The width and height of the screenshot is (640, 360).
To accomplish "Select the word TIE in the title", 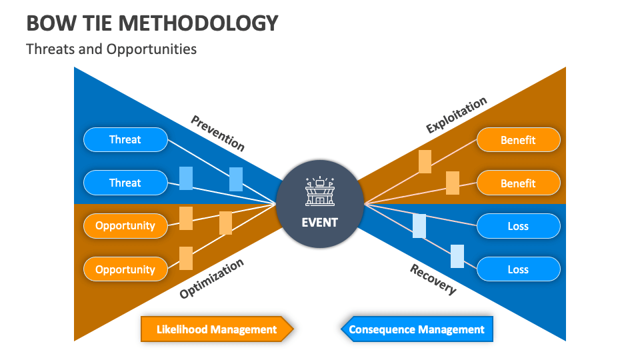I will (101, 23).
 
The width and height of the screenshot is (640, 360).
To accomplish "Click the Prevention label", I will (217, 133).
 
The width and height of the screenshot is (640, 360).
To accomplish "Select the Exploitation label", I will (457, 115).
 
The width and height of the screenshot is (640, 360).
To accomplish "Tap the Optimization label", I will (211, 279).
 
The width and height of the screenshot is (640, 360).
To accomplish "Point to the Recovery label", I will (433, 279).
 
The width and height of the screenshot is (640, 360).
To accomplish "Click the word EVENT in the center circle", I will (320, 223).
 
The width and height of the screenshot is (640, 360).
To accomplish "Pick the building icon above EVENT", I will (320, 192).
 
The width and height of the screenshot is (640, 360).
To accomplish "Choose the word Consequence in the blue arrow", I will (381, 329).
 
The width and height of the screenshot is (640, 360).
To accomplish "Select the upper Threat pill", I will (125, 140).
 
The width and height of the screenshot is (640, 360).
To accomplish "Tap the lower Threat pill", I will (125, 183).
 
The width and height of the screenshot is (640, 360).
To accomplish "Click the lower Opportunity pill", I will (125, 269).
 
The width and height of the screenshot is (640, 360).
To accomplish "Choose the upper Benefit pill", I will (518, 140).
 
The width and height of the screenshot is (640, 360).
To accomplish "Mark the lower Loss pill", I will (518, 269).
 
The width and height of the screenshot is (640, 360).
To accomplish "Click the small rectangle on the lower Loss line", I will (457, 256).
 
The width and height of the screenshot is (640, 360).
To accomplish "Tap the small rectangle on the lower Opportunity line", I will (186, 258).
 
